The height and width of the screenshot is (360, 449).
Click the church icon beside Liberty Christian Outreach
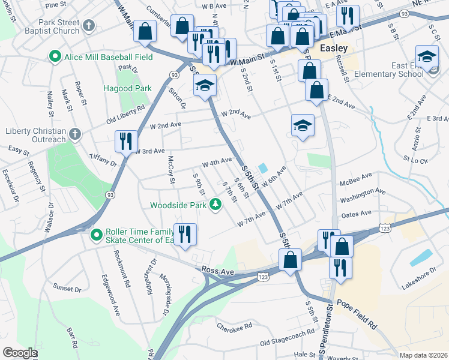(74, 133)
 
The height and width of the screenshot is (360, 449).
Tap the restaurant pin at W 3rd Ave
(125, 142)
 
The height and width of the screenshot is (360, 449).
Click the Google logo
(20, 352)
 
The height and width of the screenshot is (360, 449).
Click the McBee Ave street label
(356, 175)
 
